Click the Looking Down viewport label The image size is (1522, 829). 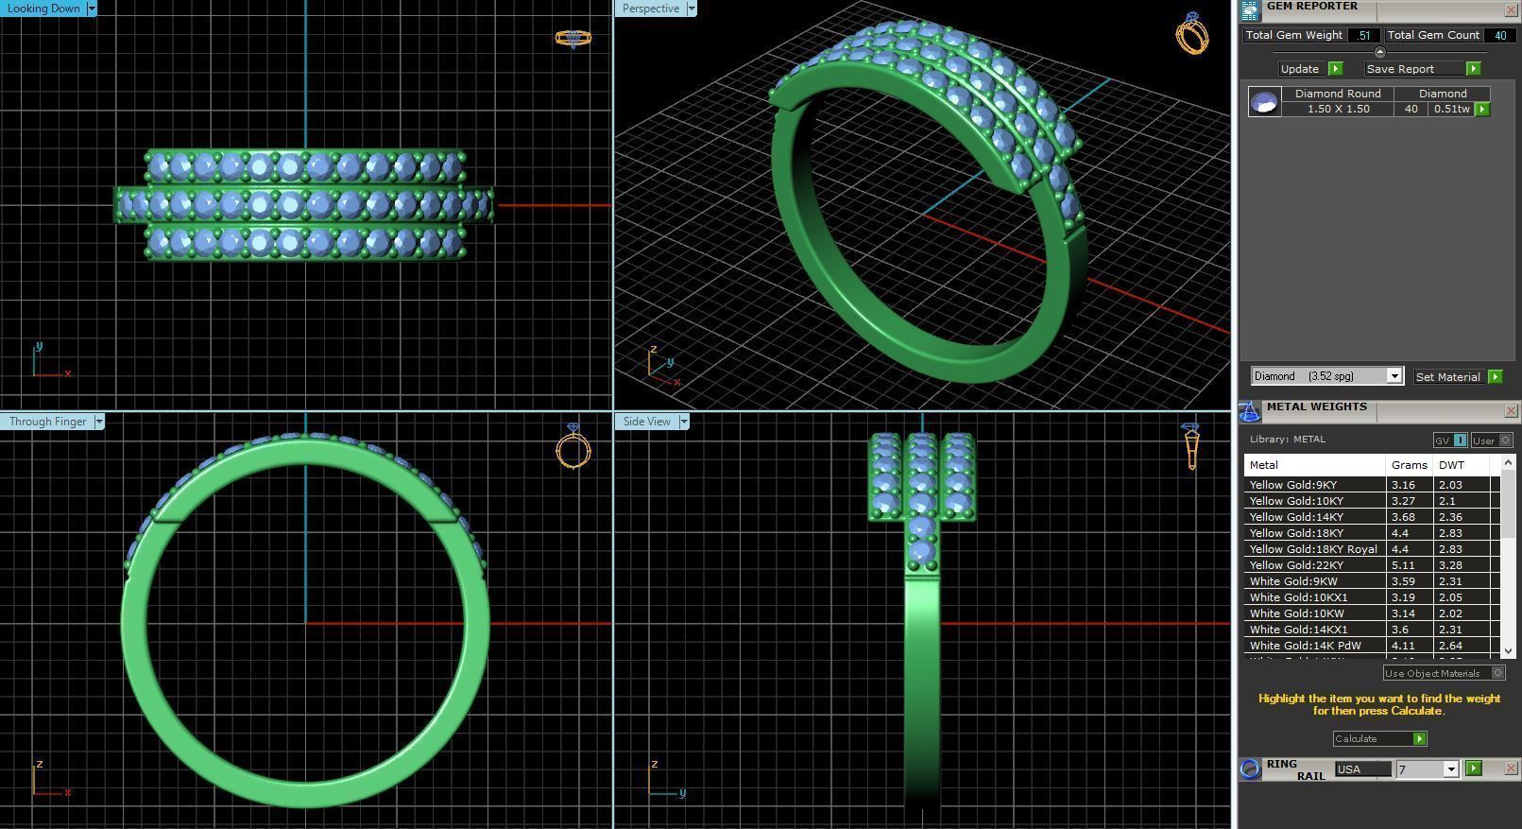pyautogui.click(x=43, y=9)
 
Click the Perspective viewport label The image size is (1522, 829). pyautogui.click(x=650, y=9)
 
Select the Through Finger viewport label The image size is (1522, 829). pyautogui.click(x=47, y=422)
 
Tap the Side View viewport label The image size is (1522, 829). pyautogui.click(x=646, y=422)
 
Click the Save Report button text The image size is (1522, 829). pyautogui.click(x=1399, y=69)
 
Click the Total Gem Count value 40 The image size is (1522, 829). pyautogui.click(x=1499, y=35)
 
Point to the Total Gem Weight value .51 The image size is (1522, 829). pyautogui.click(x=1362, y=35)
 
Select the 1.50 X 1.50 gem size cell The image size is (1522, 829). pyautogui.click(x=1338, y=109)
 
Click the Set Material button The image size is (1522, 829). pyautogui.click(x=1447, y=377)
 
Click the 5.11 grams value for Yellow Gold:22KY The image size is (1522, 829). pyautogui.click(x=1403, y=565)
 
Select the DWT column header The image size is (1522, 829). pyautogui.click(x=1451, y=465)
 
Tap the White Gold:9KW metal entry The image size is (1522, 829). pyautogui.click(x=1293, y=581)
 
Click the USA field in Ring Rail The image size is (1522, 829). pyautogui.click(x=1361, y=769)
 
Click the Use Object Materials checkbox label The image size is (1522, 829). pyautogui.click(x=1432, y=673)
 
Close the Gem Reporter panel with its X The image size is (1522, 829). pyautogui.click(x=1510, y=9)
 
